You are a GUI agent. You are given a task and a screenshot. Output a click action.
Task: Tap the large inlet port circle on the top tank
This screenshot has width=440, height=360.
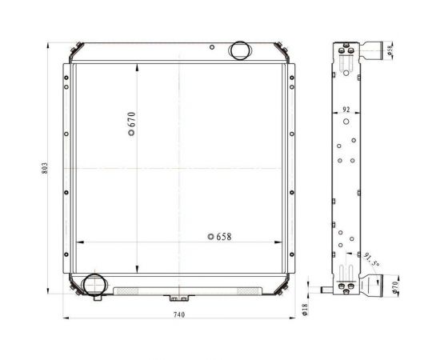(239, 51)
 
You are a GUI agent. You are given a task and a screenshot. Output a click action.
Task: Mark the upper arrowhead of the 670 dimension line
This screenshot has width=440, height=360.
(138, 66)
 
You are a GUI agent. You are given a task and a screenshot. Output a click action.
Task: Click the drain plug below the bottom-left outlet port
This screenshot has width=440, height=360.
(98, 299)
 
